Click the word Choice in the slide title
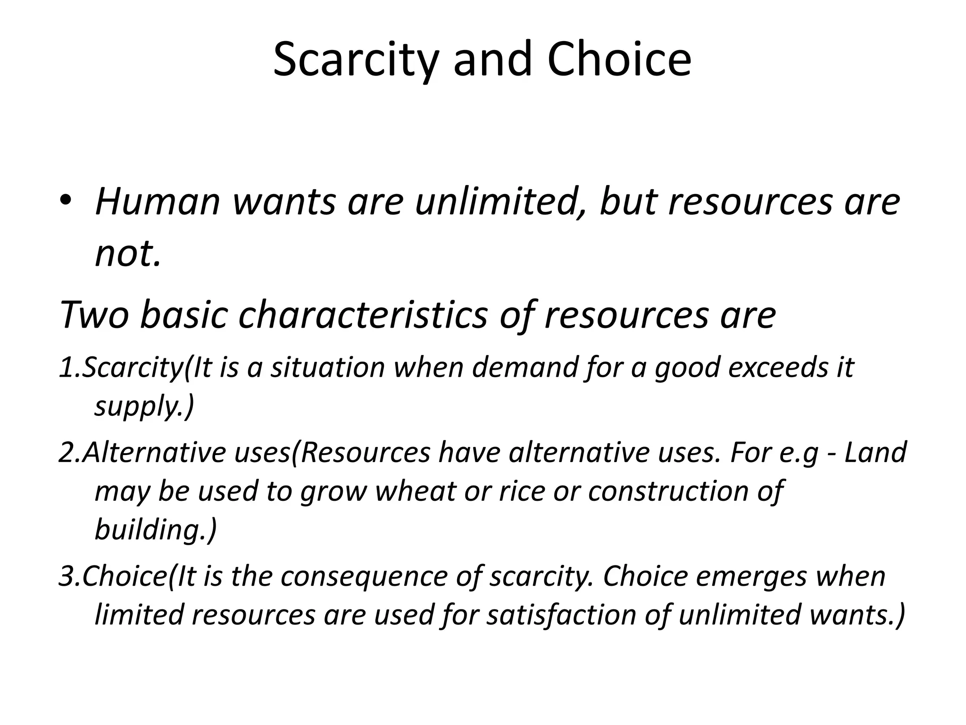(619, 59)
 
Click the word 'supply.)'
(144, 406)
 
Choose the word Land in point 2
(875, 452)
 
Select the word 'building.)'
(156, 530)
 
